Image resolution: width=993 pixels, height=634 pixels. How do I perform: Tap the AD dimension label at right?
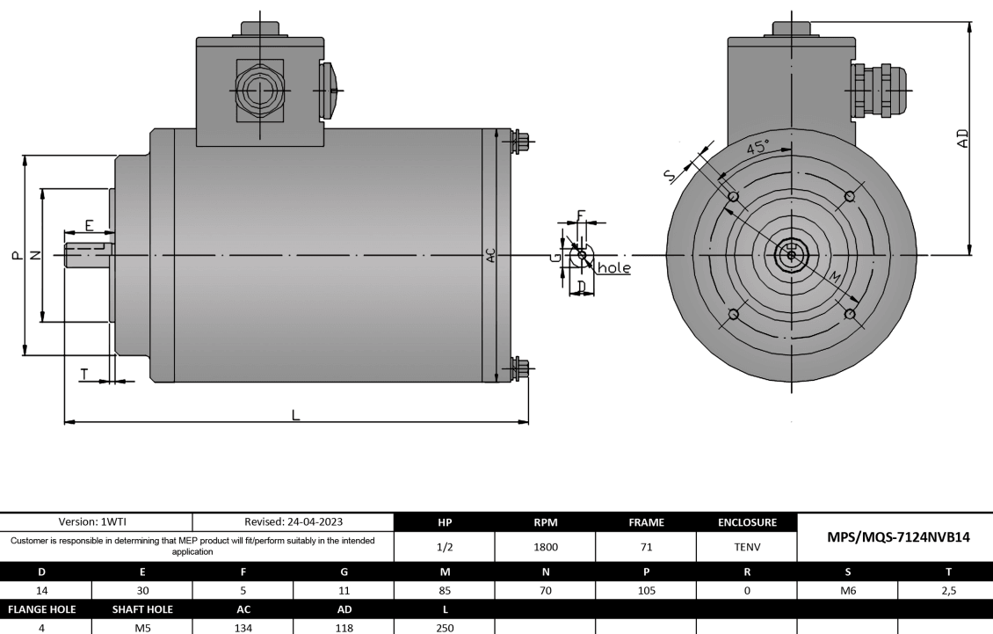(x=963, y=139)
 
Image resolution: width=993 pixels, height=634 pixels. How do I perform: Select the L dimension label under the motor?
(x=296, y=414)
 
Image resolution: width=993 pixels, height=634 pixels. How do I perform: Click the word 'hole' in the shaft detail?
(x=614, y=267)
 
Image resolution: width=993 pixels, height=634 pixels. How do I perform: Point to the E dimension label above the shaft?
(x=90, y=225)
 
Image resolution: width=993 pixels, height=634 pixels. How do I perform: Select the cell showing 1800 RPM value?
(x=546, y=546)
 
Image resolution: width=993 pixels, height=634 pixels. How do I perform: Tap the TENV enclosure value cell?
(x=746, y=546)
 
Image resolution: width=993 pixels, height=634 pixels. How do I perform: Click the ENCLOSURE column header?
(x=746, y=522)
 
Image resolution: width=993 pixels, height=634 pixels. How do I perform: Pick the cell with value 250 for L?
(x=446, y=629)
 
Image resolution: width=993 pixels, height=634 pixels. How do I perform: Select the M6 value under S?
(x=847, y=591)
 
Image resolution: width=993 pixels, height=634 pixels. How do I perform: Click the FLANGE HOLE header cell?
(x=42, y=609)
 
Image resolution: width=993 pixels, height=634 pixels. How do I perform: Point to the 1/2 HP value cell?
(x=446, y=546)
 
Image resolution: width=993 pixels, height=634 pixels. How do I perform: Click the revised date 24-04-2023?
(x=293, y=522)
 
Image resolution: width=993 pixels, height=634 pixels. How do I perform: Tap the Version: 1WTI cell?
(x=97, y=522)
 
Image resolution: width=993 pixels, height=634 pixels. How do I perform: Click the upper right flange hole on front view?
(x=848, y=196)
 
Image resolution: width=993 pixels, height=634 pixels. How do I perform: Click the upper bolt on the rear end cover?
(x=521, y=140)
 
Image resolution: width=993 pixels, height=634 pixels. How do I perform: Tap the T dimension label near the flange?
(x=84, y=374)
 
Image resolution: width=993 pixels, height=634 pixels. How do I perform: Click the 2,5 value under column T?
(x=945, y=591)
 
